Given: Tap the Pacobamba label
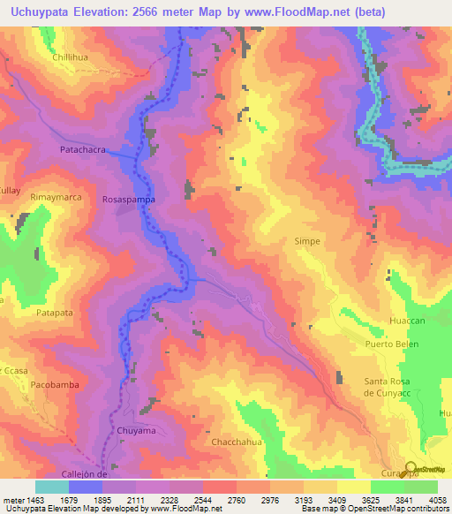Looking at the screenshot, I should [x=56, y=386].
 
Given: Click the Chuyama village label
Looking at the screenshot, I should [x=136, y=430].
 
